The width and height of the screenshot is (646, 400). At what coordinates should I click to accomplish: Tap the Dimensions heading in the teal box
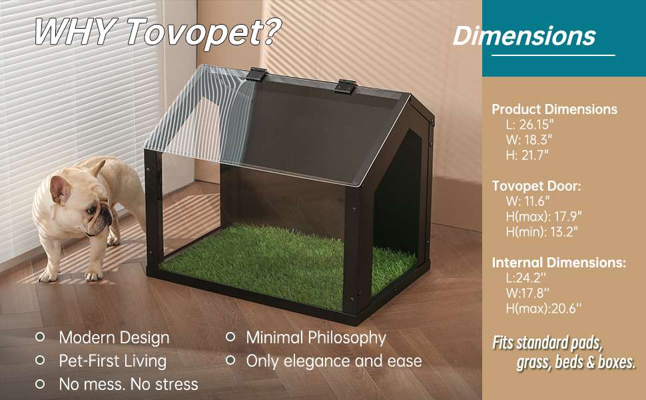(524, 36)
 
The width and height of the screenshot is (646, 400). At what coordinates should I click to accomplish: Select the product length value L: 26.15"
(530, 124)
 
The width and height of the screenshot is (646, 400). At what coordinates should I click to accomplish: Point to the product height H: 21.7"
(527, 155)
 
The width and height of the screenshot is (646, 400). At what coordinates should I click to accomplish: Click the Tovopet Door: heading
(536, 186)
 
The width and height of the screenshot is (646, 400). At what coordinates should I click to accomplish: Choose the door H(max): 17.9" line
(544, 216)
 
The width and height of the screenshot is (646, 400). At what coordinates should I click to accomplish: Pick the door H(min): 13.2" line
(541, 231)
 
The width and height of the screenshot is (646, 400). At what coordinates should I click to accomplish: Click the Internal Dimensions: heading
(559, 263)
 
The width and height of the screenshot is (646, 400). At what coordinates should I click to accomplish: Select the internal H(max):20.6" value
(543, 309)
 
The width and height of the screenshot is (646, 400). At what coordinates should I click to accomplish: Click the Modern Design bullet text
(114, 338)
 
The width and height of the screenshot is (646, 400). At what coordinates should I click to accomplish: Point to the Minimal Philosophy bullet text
(316, 338)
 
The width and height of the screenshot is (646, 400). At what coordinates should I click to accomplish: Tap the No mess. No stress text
(129, 384)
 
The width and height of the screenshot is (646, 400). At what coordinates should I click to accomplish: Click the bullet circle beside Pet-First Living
(40, 360)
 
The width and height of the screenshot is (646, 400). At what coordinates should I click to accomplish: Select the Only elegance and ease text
(334, 361)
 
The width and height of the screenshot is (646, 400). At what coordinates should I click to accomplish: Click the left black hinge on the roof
(256, 74)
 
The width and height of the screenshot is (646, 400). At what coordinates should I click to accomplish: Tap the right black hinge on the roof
(345, 87)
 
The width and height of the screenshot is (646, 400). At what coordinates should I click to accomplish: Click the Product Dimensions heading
(555, 109)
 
